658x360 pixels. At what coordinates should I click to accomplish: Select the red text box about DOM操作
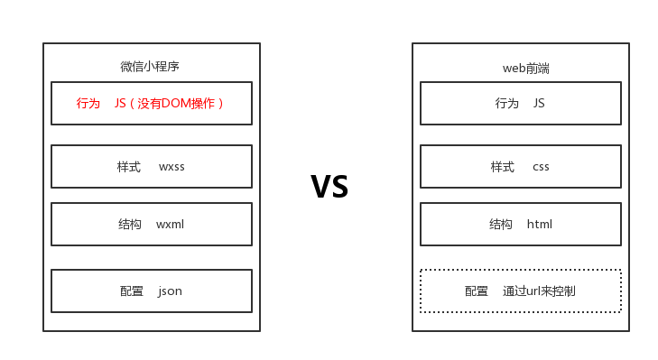coord(152,104)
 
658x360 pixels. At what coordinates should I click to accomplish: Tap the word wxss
coord(171,167)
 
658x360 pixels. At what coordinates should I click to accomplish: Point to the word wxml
coord(170,225)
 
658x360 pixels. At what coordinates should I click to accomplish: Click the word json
coord(170,291)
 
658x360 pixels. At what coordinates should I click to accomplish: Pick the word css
coord(541,167)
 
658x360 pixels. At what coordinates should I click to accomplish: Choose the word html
coord(540,225)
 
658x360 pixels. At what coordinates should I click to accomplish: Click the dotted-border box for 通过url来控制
coord(521,291)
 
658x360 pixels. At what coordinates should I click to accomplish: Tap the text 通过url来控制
coord(539,291)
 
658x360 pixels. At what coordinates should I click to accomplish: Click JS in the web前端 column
coord(539,104)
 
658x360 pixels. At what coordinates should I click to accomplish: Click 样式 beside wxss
coord(128,167)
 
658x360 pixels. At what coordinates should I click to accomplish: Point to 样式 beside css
coord(502,167)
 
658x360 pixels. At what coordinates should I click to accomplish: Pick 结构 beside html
coord(501,225)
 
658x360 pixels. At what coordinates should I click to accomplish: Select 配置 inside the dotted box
coord(477,291)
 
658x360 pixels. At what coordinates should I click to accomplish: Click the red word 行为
coord(88,104)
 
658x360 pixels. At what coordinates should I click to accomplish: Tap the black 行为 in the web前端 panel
coord(507,104)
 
